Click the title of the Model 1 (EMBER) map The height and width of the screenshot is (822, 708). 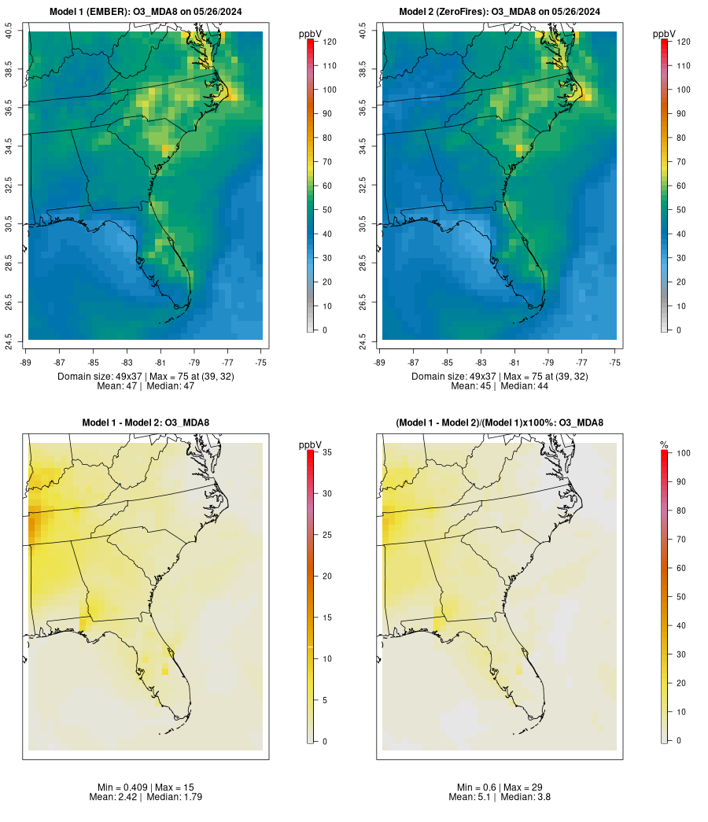tap(146, 12)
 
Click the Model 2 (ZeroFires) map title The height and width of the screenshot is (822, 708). tap(500, 12)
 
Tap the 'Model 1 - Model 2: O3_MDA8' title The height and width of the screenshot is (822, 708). tap(146, 423)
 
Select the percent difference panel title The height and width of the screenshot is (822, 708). tap(500, 423)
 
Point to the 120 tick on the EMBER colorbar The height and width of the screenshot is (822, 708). tap(330, 42)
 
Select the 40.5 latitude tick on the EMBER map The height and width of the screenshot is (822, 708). tap(9, 32)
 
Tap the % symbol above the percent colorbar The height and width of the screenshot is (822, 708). tap(665, 445)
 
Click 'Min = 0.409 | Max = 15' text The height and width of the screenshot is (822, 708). tap(146, 787)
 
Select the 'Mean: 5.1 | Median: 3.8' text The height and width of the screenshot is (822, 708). tap(500, 797)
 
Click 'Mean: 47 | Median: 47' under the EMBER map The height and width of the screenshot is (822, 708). tap(146, 386)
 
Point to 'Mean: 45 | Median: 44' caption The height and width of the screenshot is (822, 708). tap(500, 386)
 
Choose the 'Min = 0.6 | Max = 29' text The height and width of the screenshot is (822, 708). tap(500, 787)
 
